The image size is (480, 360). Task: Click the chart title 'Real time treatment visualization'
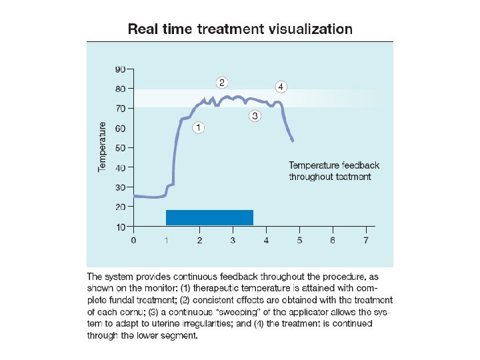240,29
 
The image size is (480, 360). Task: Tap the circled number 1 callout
198,126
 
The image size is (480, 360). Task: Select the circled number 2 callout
222,82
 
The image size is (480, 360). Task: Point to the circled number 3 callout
255,116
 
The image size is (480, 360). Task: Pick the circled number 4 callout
281,87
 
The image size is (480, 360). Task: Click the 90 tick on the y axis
120,69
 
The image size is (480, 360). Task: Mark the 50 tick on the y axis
120,148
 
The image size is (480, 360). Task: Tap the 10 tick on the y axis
120,227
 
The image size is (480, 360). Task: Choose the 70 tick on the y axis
120,108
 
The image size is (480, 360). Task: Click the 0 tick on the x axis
133,240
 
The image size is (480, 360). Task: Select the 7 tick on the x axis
365,240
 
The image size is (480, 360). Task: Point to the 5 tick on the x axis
299,240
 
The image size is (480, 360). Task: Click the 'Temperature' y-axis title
102,147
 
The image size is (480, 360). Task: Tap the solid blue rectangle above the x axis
209,217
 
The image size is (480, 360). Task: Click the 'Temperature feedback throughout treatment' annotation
333,171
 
